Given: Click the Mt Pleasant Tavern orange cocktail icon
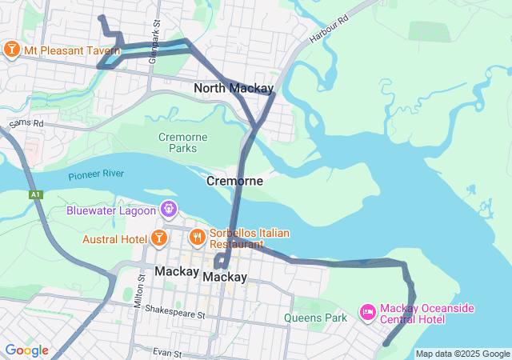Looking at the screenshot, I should click(x=12, y=50).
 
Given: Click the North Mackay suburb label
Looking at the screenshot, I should click(x=234, y=88).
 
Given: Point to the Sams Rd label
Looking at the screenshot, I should click(x=26, y=124).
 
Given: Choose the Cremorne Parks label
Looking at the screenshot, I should click(x=182, y=142).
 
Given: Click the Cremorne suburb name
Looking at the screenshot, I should click(x=234, y=182).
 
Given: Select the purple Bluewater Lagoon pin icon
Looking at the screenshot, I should click(x=169, y=210).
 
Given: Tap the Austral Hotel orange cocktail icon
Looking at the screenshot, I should click(x=158, y=238).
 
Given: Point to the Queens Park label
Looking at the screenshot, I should click(x=315, y=318).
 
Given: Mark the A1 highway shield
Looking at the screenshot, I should click(x=35, y=194).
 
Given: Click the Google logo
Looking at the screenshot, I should click(x=26, y=350).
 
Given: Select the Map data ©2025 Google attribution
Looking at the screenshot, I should click(x=462, y=354).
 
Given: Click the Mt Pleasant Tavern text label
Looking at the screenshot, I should click(x=72, y=51).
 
